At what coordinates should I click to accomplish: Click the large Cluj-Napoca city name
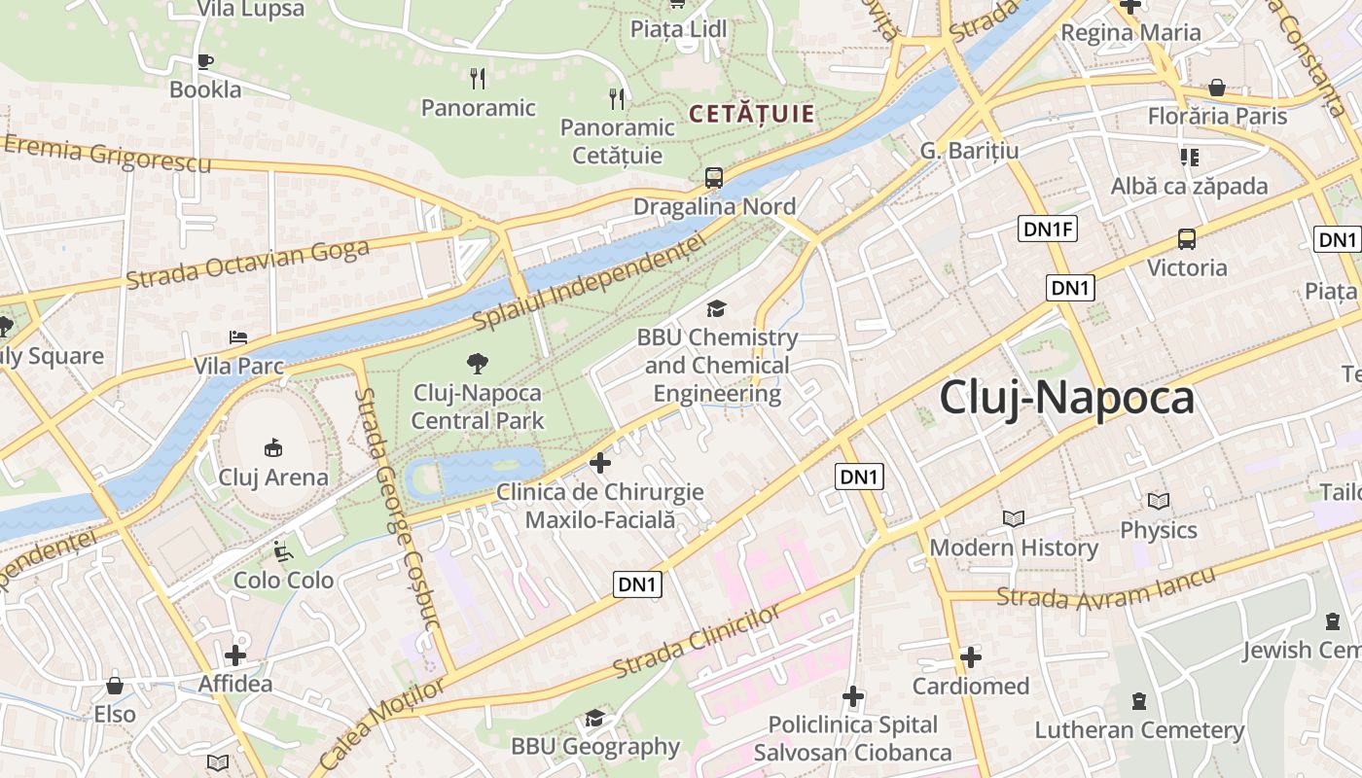1066,398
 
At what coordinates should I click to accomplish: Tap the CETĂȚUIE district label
751,114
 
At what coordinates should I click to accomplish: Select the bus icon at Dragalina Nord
714,178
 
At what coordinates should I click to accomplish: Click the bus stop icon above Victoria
1186,239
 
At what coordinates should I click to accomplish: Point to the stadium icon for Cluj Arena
273,448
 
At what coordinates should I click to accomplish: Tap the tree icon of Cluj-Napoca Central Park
477,364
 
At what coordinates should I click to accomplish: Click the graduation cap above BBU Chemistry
716,309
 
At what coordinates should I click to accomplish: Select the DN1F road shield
1049,230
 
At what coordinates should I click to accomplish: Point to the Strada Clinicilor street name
697,642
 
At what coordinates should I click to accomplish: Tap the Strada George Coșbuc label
398,507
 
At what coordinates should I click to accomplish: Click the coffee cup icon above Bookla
204,61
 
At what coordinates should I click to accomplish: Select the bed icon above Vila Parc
238,337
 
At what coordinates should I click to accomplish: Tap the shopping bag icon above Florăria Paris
1216,88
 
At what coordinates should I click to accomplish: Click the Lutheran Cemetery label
1138,729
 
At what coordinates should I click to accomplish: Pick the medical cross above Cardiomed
970,658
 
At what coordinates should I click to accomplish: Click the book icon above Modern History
1013,519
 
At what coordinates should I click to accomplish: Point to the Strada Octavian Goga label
247,265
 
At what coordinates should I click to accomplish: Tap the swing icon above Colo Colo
282,552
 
